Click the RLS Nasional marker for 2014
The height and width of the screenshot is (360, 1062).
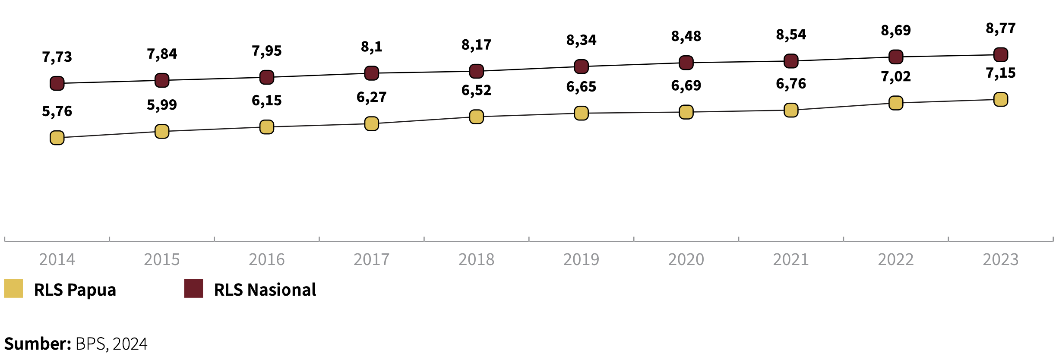(x=57, y=83)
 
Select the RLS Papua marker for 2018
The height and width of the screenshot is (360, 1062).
(x=476, y=117)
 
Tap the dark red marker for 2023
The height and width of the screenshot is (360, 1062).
(x=1001, y=55)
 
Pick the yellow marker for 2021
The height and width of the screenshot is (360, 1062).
(x=791, y=110)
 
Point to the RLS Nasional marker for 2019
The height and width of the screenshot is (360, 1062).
(x=581, y=66)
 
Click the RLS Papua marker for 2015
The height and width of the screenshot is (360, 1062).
(x=162, y=131)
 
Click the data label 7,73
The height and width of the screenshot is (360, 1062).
(x=57, y=57)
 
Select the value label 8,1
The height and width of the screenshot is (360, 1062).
(x=372, y=47)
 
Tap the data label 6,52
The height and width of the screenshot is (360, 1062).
(x=476, y=90)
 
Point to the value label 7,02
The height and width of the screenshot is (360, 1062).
(x=896, y=77)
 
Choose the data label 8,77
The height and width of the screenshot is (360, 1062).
(x=1001, y=28)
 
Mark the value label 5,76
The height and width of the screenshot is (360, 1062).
(x=57, y=112)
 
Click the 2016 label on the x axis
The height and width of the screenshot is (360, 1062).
(x=267, y=259)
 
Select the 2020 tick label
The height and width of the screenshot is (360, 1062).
(x=686, y=259)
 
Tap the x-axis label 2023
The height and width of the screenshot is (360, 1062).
(x=1001, y=259)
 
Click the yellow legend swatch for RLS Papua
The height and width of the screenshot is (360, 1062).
(x=13, y=288)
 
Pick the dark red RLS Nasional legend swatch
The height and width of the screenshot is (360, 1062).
(x=193, y=288)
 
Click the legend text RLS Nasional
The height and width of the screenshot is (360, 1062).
(x=265, y=290)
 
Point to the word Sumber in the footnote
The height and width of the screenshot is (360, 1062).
(x=38, y=344)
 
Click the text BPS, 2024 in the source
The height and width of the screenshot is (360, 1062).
(x=111, y=344)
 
